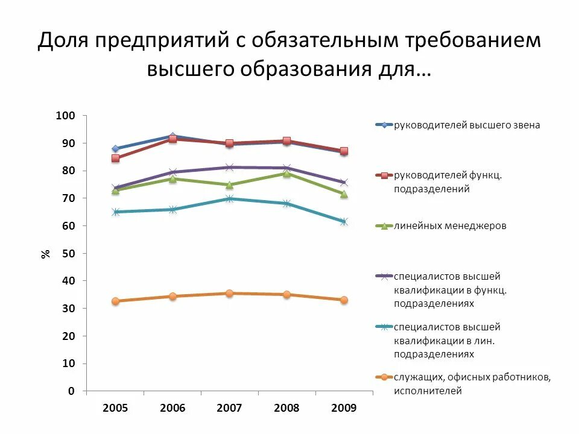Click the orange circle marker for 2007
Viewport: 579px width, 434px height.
tap(229, 294)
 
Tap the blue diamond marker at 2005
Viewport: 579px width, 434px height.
tap(116, 149)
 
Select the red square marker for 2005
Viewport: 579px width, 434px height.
tap(116, 159)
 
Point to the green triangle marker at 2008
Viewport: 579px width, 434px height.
tap(286, 174)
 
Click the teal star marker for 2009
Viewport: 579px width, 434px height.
tap(344, 221)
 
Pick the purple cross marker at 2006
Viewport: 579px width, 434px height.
tap(172, 172)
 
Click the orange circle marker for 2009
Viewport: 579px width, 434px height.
tap(344, 300)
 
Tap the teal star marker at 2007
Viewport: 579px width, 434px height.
tap(229, 198)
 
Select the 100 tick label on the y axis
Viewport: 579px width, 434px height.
tap(65, 116)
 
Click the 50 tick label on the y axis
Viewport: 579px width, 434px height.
tap(69, 254)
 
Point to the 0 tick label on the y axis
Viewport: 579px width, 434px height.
tap(72, 391)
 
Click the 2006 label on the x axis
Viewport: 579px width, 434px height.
tap(172, 408)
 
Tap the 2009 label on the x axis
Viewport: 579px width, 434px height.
tap(344, 408)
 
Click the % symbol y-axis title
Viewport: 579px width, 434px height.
tap(45, 254)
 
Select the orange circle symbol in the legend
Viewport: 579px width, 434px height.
tap(384, 377)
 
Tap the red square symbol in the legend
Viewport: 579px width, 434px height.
tap(384, 175)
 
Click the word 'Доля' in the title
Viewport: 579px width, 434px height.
tap(63, 40)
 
